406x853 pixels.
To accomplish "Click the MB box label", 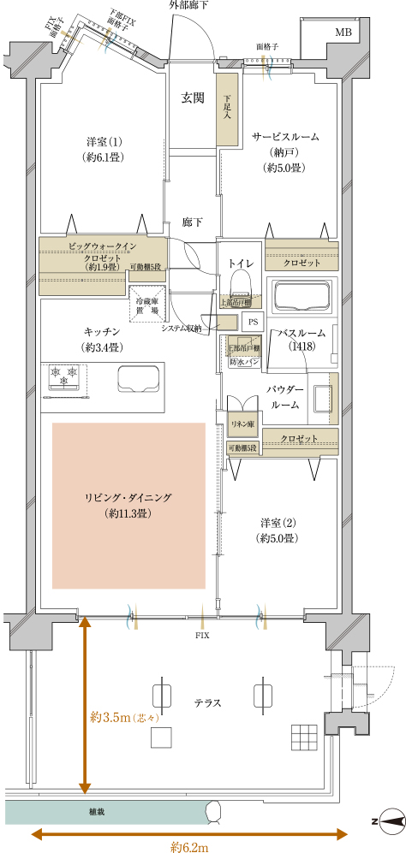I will [343, 33].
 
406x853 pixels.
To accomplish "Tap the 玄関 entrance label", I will [193, 98].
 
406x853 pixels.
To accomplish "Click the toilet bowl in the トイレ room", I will [242, 281].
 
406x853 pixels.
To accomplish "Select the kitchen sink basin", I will [137, 377].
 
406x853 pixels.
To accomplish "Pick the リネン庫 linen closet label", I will [238, 424].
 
